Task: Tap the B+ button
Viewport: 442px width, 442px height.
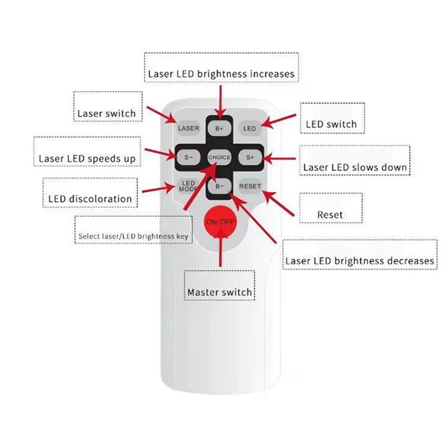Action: click(x=220, y=129)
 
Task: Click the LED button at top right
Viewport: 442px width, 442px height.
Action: click(x=250, y=129)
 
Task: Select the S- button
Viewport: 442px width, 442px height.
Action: click(x=189, y=157)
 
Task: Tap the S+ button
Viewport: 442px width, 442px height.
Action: click(x=250, y=157)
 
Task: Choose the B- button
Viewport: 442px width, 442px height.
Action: click(x=220, y=187)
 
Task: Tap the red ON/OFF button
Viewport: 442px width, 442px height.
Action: click(x=220, y=222)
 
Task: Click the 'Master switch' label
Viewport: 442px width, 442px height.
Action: click(x=220, y=292)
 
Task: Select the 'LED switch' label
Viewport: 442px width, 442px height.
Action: click(x=331, y=124)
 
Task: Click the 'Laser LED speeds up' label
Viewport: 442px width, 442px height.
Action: click(x=87, y=158)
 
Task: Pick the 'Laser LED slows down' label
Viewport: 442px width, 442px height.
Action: click(x=354, y=168)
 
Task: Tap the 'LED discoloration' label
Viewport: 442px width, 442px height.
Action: click(x=90, y=198)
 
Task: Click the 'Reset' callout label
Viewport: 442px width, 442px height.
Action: click(x=330, y=215)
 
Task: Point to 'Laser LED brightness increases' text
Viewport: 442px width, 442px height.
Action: click(x=221, y=73)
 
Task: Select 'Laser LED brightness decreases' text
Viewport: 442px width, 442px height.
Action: click(x=359, y=261)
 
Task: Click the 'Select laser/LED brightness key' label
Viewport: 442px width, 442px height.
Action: click(x=133, y=236)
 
